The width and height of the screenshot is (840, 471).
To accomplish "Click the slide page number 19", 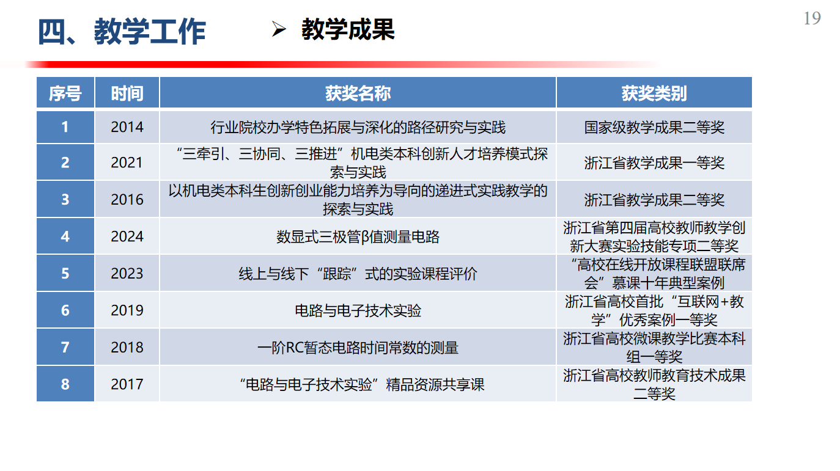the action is (x=812, y=18).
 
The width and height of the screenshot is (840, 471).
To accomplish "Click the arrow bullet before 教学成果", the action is (x=279, y=29).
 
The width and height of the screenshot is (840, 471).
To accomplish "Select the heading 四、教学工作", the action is (x=122, y=32).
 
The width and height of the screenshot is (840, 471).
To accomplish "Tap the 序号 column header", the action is (x=65, y=93).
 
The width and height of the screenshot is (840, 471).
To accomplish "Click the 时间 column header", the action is (x=127, y=93).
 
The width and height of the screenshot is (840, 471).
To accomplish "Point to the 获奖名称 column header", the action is (x=358, y=93).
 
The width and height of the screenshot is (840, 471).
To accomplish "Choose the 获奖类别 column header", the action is (x=654, y=93).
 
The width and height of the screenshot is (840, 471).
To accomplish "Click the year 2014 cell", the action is (x=127, y=127).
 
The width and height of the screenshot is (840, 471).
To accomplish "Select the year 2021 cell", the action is (x=127, y=162).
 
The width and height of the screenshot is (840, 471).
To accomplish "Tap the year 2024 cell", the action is (x=127, y=236).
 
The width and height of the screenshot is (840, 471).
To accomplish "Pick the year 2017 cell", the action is (x=127, y=384).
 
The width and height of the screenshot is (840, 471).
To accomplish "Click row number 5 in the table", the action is (x=65, y=273).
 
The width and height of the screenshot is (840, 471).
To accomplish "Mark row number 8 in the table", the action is (x=65, y=384).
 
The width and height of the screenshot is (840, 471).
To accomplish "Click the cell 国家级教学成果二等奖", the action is (x=654, y=128).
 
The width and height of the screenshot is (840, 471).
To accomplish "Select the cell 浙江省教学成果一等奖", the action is (x=654, y=162).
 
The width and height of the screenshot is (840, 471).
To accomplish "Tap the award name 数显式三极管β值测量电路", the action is (x=358, y=237).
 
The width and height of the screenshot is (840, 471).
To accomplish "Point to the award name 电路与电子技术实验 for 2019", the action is (x=358, y=310).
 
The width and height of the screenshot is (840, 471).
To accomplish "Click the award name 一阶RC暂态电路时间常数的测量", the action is (x=358, y=348).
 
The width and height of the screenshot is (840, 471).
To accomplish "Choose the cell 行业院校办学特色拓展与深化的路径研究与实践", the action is (x=358, y=128).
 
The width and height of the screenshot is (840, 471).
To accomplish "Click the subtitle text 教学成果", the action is (x=348, y=29).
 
